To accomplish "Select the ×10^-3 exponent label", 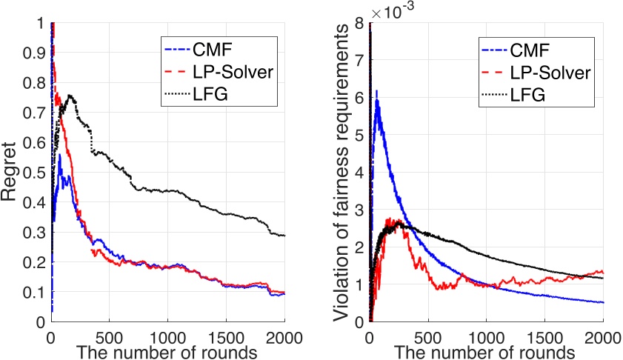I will (392, 12).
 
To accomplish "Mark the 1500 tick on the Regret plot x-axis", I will (226, 333).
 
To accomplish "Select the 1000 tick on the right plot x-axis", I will (486, 333).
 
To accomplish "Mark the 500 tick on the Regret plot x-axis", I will (109, 333).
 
